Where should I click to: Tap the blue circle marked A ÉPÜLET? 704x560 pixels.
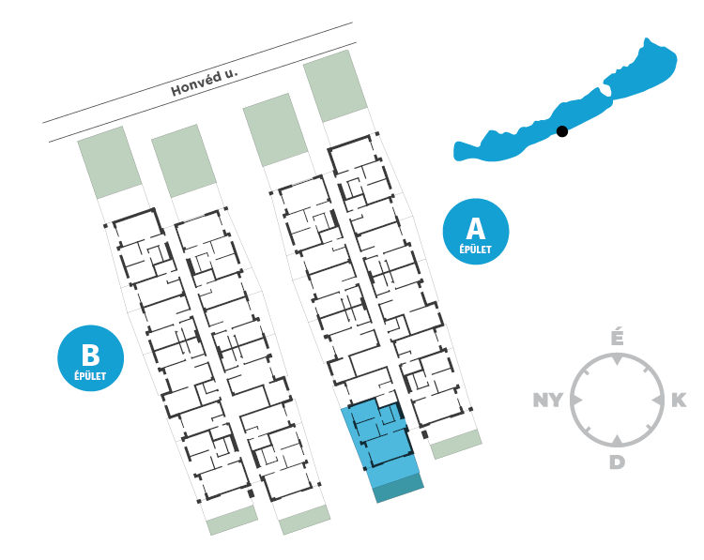[476, 232]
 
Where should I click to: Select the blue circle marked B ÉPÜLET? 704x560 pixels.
[90, 358]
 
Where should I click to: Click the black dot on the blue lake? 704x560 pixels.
[562, 131]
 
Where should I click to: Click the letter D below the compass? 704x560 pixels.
[616, 462]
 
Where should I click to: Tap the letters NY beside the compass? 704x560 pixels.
[548, 401]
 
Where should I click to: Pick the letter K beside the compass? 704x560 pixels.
[679, 401]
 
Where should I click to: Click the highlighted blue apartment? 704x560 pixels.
[380, 436]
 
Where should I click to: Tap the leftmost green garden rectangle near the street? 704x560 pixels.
[109, 162]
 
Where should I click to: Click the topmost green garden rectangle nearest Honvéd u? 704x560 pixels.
[333, 85]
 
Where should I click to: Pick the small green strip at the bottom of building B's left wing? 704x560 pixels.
[231, 521]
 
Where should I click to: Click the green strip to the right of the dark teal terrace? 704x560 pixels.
[456, 445]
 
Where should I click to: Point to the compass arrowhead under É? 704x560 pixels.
[617, 360]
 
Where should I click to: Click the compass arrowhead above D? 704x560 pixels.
[617, 440]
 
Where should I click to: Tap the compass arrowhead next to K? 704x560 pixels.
[656, 401]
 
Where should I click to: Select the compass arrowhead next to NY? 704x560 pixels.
[577, 401]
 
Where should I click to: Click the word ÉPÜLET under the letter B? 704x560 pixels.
[90, 376]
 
